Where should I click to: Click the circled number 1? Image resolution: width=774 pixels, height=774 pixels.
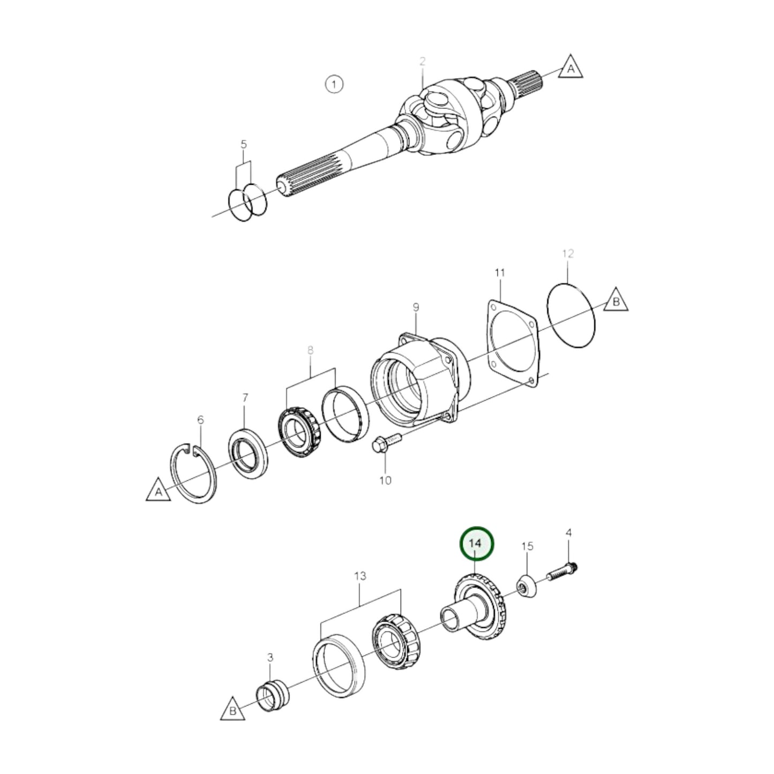pos(334,84)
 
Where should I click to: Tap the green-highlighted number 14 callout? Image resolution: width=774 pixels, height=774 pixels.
pos(476,543)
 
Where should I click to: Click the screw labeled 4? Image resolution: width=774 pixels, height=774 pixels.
pos(561,572)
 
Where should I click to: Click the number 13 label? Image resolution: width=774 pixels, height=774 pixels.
pos(360,576)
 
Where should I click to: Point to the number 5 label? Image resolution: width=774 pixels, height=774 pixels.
pos(244,144)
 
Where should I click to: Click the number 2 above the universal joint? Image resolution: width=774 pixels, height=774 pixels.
pos(422,62)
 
